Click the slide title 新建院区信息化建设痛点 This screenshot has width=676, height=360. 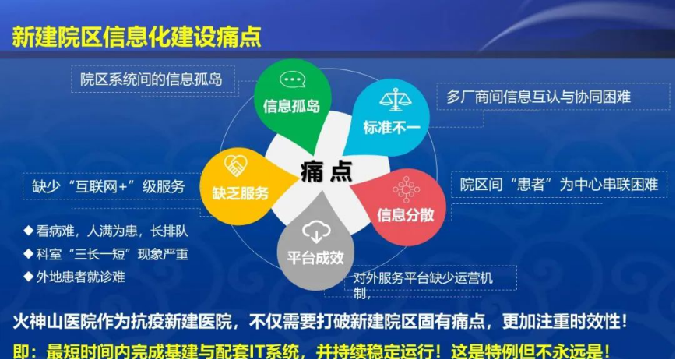coord(136,37)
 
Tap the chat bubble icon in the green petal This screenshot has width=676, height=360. coord(292,79)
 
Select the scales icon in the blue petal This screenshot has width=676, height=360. coord(396,100)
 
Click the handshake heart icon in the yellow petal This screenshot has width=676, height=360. coord(235,165)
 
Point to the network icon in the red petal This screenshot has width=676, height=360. coord(406,189)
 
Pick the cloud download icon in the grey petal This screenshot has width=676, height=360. coord(316,233)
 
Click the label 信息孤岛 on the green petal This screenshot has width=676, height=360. coord(291,106)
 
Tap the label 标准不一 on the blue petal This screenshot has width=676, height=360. coord(392,128)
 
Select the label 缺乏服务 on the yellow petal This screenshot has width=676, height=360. coord(241,192)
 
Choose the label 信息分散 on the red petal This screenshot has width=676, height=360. coord(405,215)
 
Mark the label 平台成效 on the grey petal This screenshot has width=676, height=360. coord(315,258)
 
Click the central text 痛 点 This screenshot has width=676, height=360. coord(326,171)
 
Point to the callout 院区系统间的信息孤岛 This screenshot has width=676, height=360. coord(151,79)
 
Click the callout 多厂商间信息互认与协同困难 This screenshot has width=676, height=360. coord(538,97)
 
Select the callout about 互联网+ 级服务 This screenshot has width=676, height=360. coord(108,187)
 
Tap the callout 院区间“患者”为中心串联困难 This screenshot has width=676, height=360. coord(558,185)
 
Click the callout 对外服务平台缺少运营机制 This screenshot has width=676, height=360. coord(423,285)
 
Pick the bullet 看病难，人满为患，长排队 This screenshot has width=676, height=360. coord(106,231)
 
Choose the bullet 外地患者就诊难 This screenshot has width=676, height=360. coord(75,277)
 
